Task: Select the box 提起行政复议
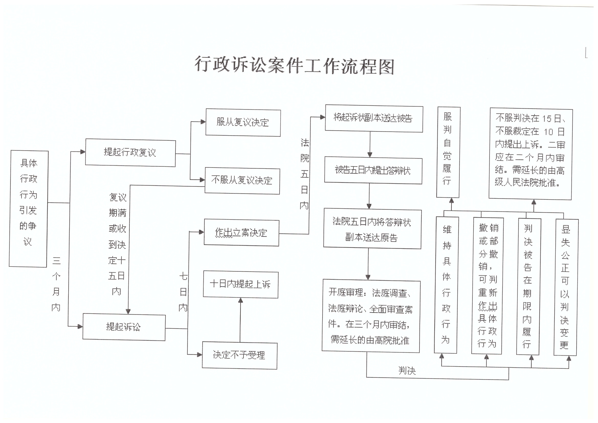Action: (130, 153)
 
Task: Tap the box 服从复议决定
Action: (243, 123)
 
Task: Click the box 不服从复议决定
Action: (242, 181)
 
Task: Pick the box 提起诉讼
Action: (124, 327)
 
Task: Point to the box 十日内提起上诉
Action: (240, 284)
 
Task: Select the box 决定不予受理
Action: (239, 355)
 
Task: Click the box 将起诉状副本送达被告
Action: (374, 118)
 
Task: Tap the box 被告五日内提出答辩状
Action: (373, 171)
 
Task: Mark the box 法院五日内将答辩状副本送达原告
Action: (372, 229)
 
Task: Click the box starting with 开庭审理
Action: (371, 316)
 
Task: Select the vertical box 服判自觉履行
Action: (448, 152)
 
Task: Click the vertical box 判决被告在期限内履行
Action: (528, 286)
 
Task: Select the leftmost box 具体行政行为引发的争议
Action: (28, 208)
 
